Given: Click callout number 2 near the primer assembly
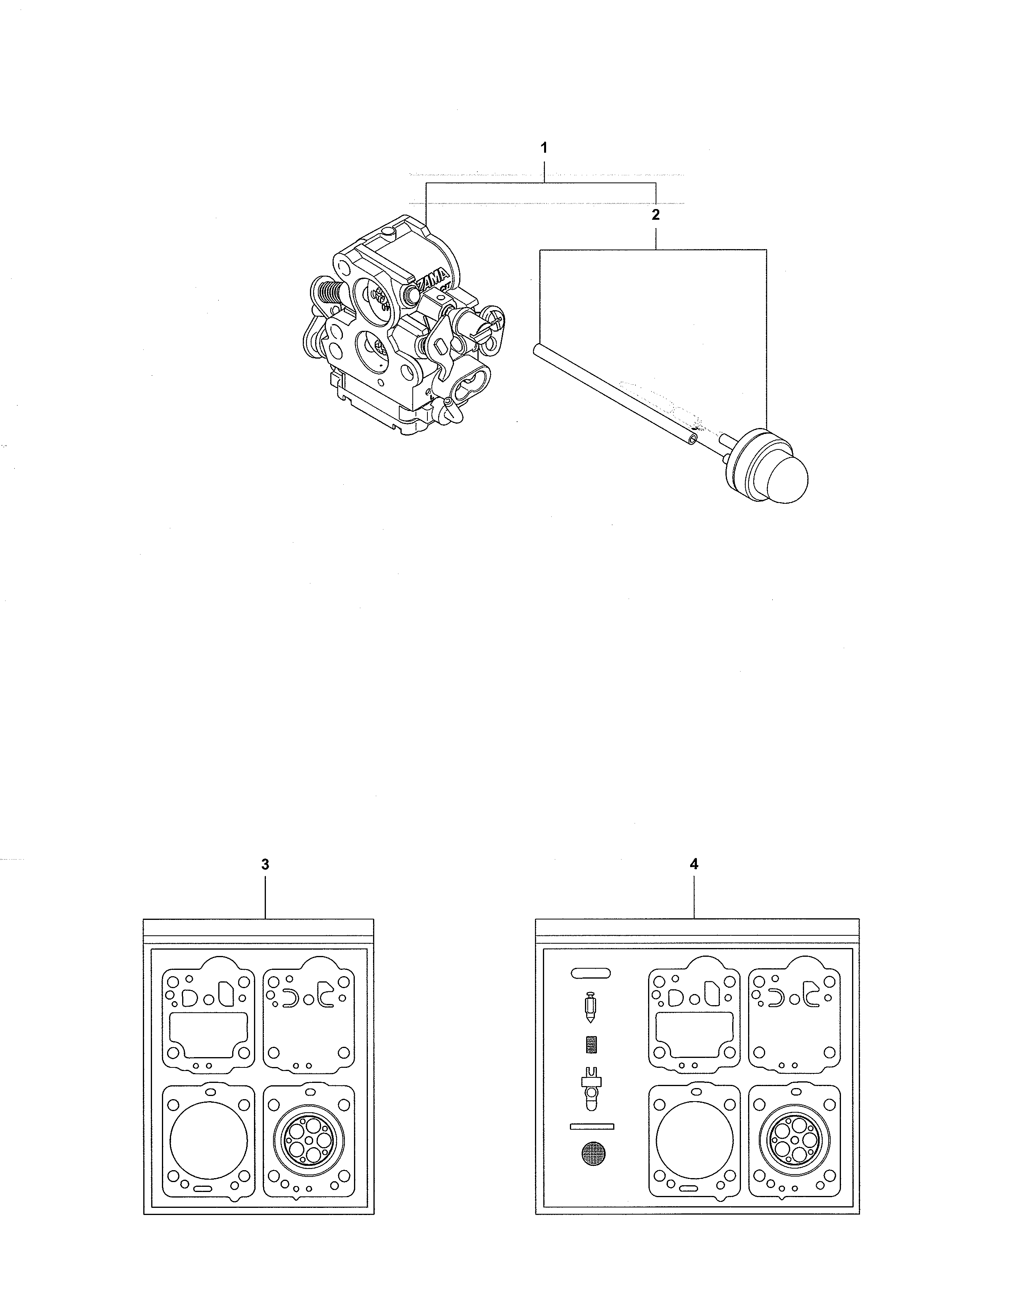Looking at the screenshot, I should point(655,215).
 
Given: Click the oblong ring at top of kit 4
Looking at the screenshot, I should point(591,972).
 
